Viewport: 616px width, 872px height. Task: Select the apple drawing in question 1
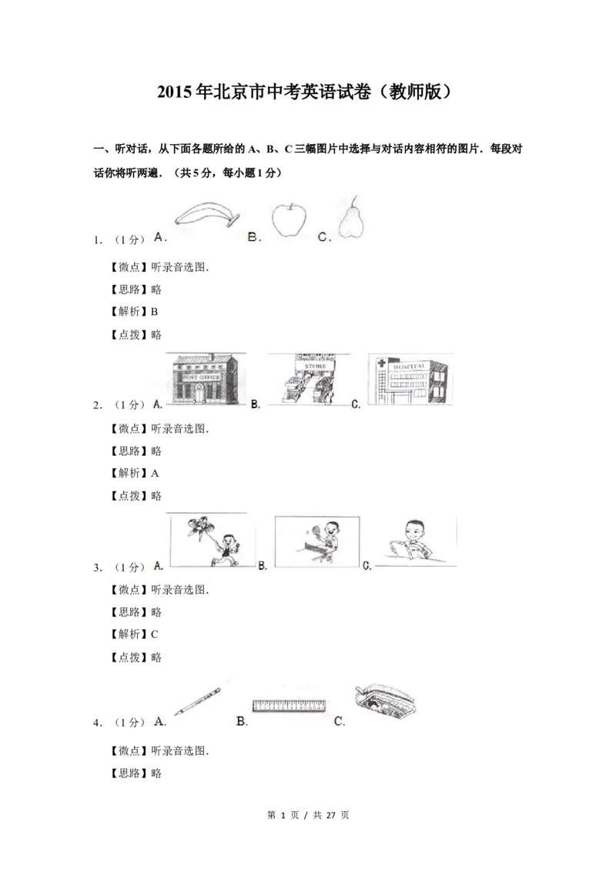pyautogui.click(x=289, y=219)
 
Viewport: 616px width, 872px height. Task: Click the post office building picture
pyautogui.click(x=203, y=379)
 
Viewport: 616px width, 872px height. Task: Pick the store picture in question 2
pyautogui.click(x=309, y=379)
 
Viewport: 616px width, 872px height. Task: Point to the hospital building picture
pyautogui.click(x=411, y=379)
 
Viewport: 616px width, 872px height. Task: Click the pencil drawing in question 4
pyautogui.click(x=197, y=701)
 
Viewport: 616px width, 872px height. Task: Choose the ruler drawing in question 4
pyautogui.click(x=289, y=706)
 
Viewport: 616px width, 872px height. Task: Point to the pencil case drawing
pyautogui.click(x=385, y=703)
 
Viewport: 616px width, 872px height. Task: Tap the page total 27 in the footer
pyautogui.click(x=331, y=815)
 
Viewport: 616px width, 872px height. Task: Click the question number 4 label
pyautogui.click(x=97, y=723)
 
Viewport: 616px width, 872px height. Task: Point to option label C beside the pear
pyautogui.click(x=325, y=237)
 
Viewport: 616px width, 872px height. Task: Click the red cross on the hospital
pyautogui.click(x=381, y=363)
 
